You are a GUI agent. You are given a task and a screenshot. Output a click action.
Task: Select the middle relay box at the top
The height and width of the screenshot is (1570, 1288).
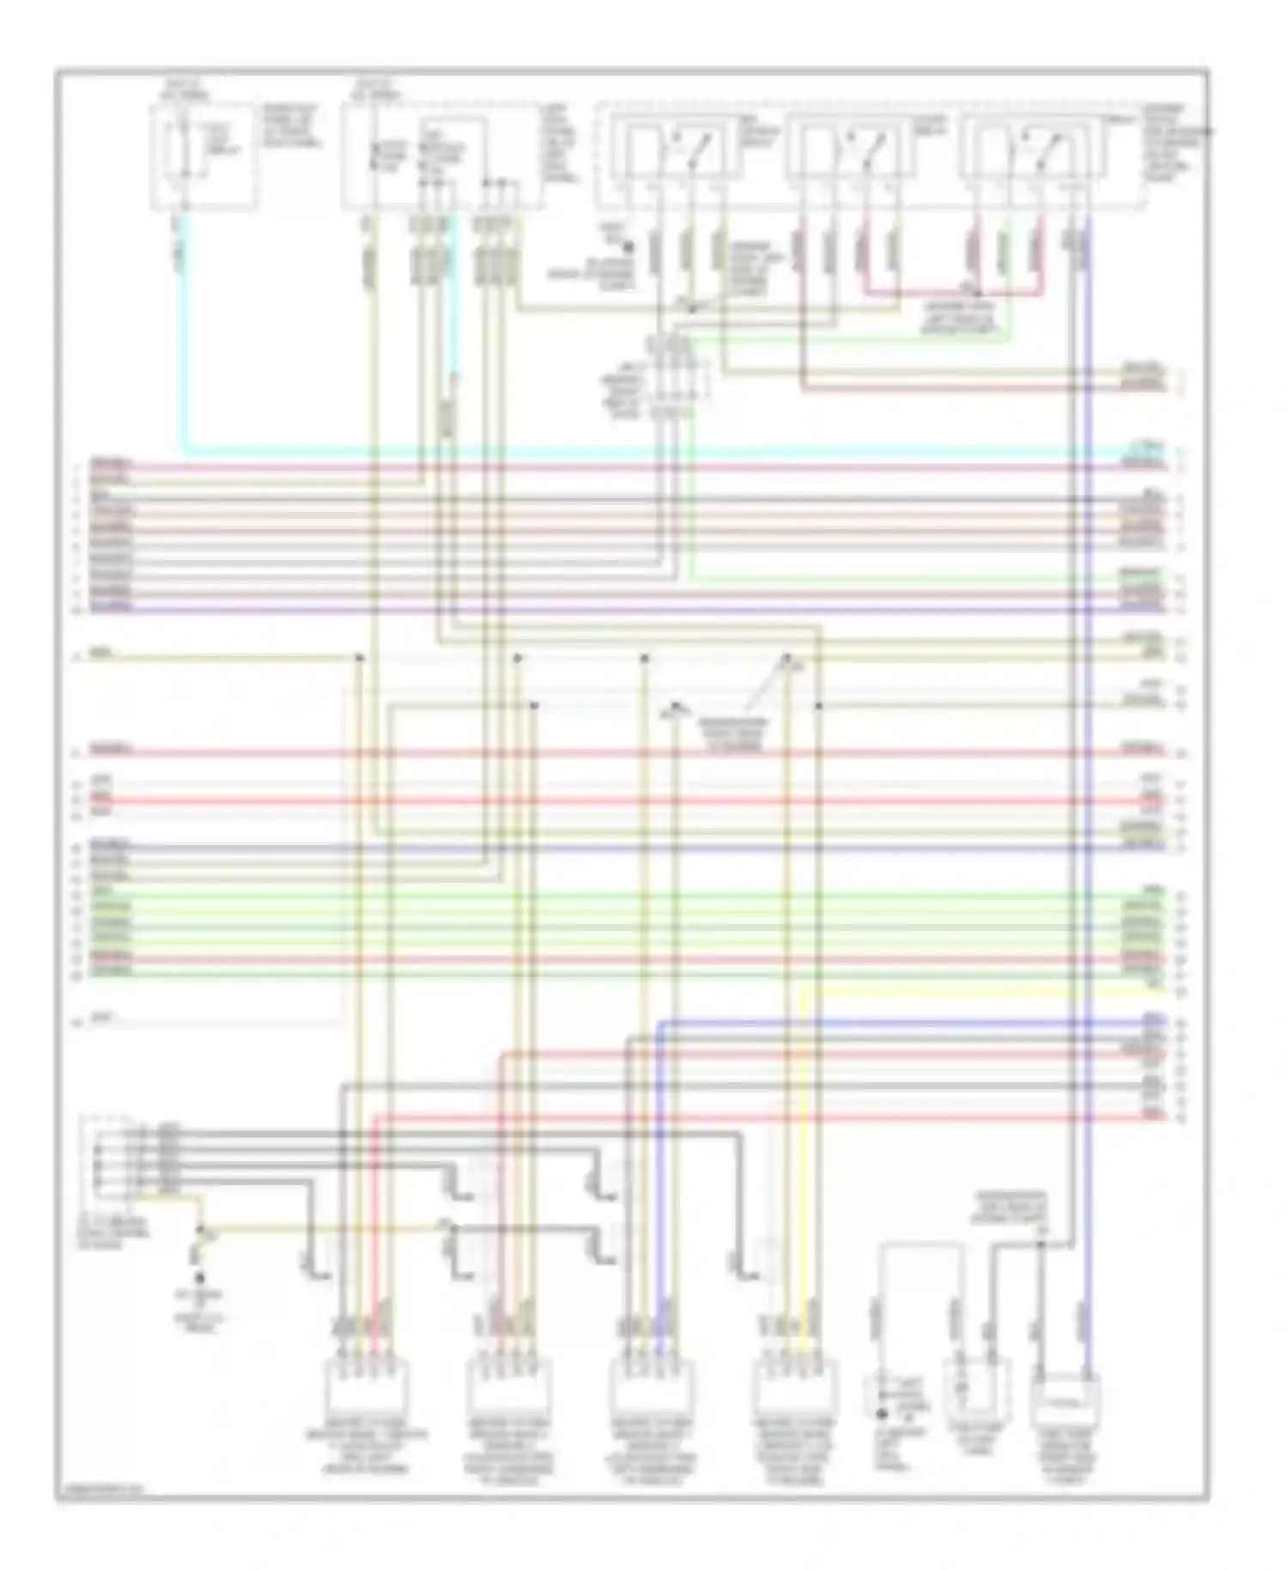(x=850, y=152)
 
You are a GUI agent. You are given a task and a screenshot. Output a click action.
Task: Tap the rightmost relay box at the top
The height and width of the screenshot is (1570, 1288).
(x=1030, y=152)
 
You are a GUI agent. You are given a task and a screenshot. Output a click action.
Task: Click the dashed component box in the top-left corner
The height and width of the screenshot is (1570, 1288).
(x=203, y=155)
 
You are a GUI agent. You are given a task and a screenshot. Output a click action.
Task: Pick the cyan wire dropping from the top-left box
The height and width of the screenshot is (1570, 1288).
(x=183, y=344)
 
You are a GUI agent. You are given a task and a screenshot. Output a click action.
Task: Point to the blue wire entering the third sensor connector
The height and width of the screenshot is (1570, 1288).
(x=659, y=1159)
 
